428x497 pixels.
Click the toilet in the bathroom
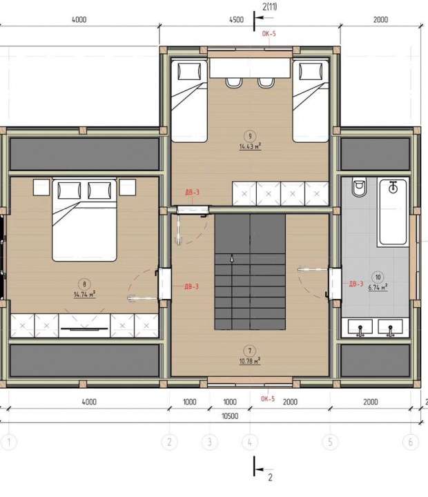tap(358, 190)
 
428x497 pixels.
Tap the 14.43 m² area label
tap(250, 146)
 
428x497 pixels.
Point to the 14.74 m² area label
tap(84, 293)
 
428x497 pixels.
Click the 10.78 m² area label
tap(249, 360)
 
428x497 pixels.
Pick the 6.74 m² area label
tap(377, 286)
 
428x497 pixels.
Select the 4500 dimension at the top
tap(236, 20)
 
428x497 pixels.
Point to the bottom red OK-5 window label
tap(268, 398)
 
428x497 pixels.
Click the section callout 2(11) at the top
tap(270, 6)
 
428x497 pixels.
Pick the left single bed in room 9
tap(188, 100)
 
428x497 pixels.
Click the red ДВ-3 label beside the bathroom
tap(356, 283)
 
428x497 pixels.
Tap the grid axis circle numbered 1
tap(9, 442)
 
